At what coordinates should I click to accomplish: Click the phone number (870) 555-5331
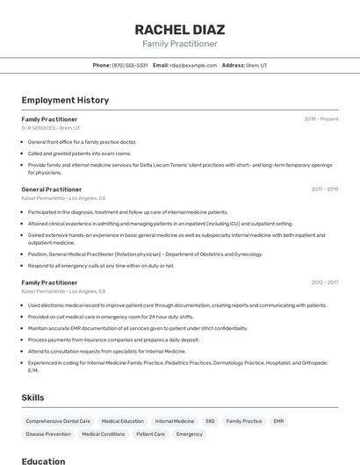point(129,65)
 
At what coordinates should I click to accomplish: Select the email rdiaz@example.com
point(193,65)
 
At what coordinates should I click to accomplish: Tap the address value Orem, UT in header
point(256,65)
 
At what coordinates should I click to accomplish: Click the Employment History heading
point(65,100)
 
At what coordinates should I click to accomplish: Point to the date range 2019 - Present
point(321,118)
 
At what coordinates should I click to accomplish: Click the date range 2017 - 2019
point(324,189)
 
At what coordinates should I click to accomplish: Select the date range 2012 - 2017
point(324,283)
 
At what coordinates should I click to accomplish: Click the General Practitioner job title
point(51,189)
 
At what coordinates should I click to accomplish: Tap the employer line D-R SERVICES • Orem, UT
point(50,128)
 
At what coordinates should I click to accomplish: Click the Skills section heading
point(32,397)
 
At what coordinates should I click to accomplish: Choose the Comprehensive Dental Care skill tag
point(58,421)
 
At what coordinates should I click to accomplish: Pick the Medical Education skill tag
point(122,421)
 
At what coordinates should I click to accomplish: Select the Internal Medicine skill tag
point(175,421)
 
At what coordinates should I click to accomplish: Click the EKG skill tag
point(210,421)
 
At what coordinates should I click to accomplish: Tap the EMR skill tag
point(278,421)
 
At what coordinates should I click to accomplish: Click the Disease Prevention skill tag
point(48,434)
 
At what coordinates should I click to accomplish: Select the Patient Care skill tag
point(150,434)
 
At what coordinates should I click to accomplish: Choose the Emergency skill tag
point(189,434)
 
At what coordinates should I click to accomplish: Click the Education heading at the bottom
point(43,461)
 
